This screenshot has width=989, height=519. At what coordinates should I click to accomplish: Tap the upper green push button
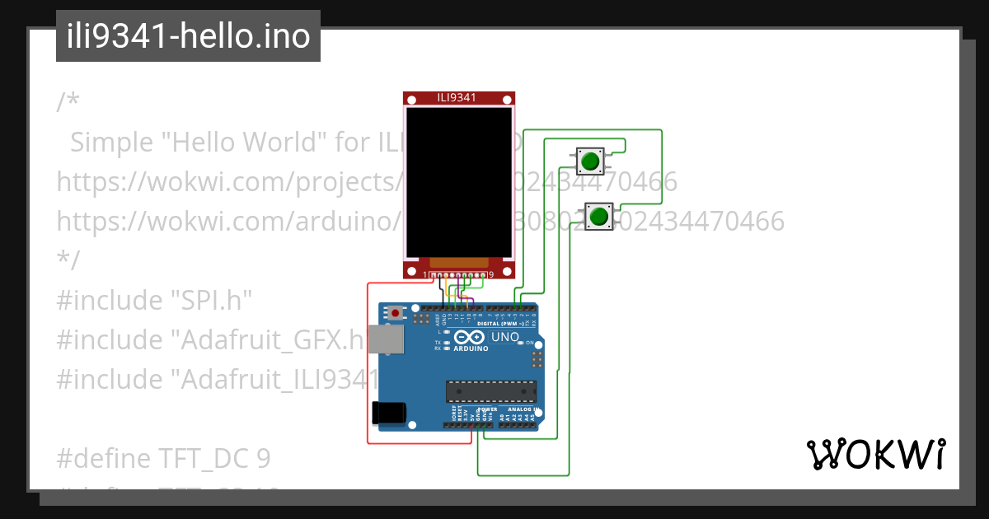coord(588,161)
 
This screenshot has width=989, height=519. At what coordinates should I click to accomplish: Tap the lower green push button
coord(599,217)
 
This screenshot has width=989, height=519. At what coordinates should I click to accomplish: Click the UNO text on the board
coord(504,337)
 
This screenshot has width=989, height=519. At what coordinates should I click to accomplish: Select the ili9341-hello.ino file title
coord(188,36)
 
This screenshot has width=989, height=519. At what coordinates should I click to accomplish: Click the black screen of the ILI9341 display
coord(457,181)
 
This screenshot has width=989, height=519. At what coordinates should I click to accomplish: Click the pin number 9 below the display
coord(491,274)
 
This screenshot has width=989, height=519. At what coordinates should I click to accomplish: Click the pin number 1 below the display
coord(425,274)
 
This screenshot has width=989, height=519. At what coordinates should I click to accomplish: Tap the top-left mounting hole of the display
coord(411,100)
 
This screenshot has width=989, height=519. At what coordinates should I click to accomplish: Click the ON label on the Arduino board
coord(529,342)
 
